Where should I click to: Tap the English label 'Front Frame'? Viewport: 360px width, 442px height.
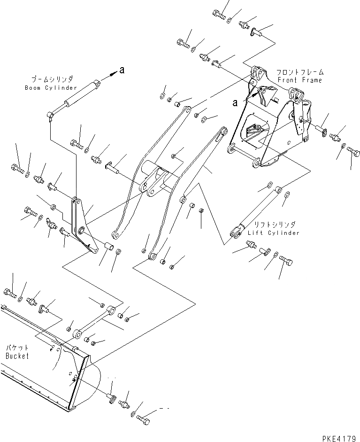point(306,80)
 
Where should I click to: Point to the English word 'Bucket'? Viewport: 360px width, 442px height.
point(17,356)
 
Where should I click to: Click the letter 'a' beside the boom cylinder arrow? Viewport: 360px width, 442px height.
point(122,70)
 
